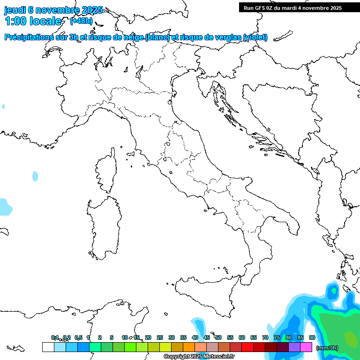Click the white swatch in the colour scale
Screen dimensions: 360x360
pyautogui.click(x=48, y=347)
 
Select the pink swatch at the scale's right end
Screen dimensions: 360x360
pyautogui.click(x=306, y=347)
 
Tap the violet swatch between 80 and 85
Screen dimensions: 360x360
pyautogui.click(x=294, y=347)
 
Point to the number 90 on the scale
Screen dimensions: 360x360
pyautogui.click(x=312, y=337)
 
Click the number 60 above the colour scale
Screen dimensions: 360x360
pyautogui.click(x=242, y=337)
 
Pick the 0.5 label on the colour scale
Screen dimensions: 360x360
pyautogui.click(x=78, y=337)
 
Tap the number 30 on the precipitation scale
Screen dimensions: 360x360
pyautogui.click(x=172, y=337)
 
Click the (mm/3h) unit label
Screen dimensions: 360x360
pyautogui.click(x=327, y=348)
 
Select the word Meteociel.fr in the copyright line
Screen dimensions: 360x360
pyautogui.click(x=219, y=357)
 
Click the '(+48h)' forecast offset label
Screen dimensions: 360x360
pyautogui.click(x=81, y=21)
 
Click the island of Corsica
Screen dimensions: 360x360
pyautogui.click(x=105, y=171)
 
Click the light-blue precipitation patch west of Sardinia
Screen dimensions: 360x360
pyautogui.click(x=35, y=176)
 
